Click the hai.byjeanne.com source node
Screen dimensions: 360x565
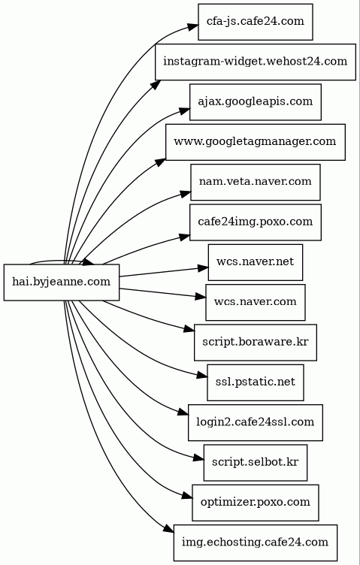62,282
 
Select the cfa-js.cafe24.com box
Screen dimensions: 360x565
256,22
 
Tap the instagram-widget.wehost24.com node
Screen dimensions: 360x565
256,62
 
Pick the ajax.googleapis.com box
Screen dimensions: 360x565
256,102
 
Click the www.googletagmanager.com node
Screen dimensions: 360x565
256,142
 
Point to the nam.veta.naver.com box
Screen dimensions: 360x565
256,182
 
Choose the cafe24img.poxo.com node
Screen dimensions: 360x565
256,222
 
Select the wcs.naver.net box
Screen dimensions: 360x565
256,262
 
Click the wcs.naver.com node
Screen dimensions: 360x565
256,302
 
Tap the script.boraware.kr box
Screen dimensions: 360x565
256,342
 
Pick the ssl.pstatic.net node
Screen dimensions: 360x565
256,382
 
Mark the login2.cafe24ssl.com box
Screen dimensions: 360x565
256,422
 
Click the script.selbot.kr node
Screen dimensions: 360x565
256,462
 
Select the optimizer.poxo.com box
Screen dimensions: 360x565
256,502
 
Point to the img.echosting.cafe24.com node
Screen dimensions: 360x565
256,542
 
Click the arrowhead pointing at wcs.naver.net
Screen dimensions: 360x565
202,268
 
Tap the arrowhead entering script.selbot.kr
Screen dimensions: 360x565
198,458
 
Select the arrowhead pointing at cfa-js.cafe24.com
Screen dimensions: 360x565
192,26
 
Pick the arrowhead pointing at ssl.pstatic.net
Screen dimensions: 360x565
202,376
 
